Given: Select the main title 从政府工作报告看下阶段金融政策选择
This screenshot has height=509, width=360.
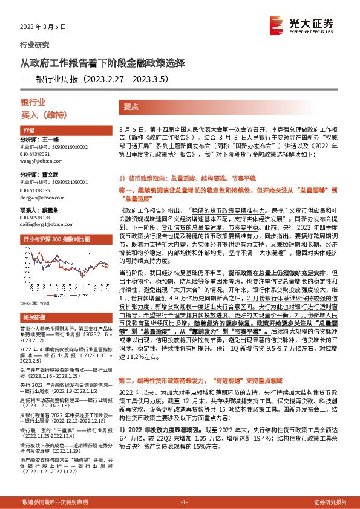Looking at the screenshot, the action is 99,63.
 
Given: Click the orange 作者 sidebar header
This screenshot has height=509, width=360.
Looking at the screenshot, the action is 29,131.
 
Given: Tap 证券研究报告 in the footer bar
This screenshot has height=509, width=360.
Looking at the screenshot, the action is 330,502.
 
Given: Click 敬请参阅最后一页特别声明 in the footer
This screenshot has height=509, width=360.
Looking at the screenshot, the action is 55,502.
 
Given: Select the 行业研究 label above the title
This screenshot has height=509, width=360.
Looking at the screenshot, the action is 35,45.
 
